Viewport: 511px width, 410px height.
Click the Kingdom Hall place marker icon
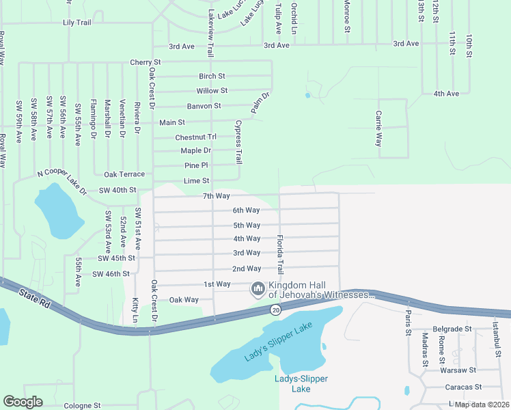[258, 290]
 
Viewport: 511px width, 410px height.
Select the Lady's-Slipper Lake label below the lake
[301, 384]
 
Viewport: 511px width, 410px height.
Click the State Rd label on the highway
[35, 297]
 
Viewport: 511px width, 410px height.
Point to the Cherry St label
[145, 63]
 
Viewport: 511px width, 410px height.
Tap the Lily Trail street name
[77, 23]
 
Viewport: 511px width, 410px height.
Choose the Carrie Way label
[378, 128]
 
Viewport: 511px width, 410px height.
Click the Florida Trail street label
[279, 253]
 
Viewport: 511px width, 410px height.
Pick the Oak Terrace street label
[124, 175]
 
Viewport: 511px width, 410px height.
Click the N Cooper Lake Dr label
[62, 180]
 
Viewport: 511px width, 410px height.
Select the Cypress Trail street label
[238, 142]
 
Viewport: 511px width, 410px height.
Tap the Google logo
[23, 402]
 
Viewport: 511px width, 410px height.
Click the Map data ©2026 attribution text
[481, 405]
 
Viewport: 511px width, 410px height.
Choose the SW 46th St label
[111, 274]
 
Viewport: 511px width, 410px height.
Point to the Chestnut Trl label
[195, 137]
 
